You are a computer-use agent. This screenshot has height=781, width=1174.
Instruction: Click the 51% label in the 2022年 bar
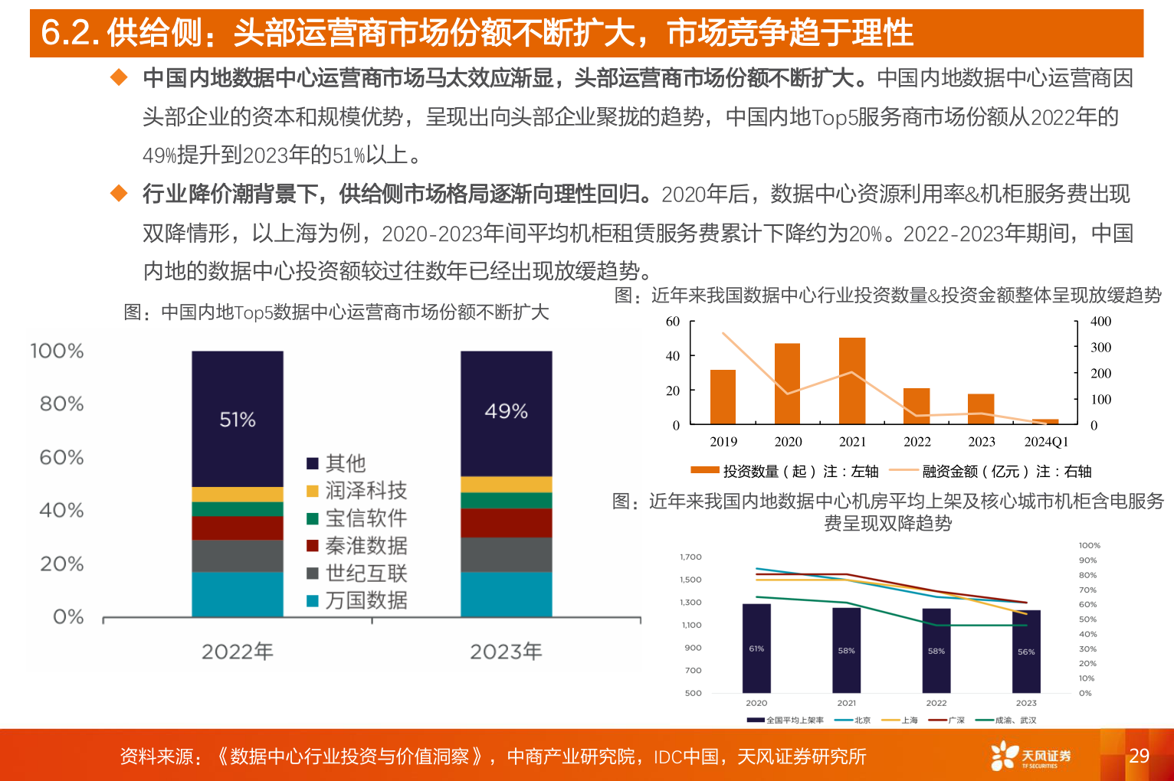[x=238, y=420]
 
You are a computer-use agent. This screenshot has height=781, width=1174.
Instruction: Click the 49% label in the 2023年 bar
[x=506, y=411]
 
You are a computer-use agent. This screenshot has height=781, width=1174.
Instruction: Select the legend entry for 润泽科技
[x=356, y=491]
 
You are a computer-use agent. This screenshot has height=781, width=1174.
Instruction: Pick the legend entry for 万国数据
[x=356, y=600]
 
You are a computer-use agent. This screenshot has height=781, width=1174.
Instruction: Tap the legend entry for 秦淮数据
[x=356, y=546]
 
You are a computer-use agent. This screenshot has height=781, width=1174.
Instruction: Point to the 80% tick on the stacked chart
[x=61, y=404]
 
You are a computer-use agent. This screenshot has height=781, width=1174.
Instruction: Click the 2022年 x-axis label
[x=238, y=652]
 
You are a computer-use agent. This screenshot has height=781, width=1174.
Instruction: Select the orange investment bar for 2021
[x=852, y=381]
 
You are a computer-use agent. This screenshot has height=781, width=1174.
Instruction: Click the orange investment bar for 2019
[x=723, y=397]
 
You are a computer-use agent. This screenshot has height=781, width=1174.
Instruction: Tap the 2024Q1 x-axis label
[x=1046, y=442]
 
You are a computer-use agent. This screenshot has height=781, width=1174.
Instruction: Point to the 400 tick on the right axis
[x=1100, y=322]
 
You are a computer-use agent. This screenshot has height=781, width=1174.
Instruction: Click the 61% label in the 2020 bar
[x=756, y=649]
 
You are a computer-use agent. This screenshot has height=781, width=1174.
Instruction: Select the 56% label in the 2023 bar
[x=1026, y=652]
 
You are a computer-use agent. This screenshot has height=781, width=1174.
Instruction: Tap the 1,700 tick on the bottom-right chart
[x=690, y=557]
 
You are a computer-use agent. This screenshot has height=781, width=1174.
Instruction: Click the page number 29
[x=1139, y=756]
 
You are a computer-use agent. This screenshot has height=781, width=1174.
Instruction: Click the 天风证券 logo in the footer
[x=1031, y=756]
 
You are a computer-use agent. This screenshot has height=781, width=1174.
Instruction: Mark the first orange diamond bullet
[x=119, y=77]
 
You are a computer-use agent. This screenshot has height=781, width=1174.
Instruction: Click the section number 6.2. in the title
[x=70, y=33]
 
